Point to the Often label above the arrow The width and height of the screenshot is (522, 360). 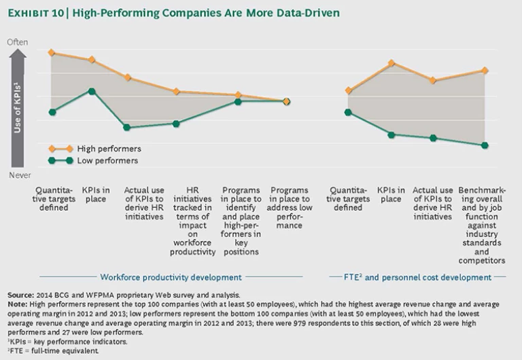click(18, 42)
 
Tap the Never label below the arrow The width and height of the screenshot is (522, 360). click(18, 175)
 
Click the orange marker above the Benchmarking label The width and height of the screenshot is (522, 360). click(485, 70)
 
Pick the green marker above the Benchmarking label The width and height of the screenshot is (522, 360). click(485, 145)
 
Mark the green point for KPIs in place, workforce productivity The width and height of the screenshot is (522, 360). click(92, 91)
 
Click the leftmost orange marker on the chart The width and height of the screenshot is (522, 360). click(52, 52)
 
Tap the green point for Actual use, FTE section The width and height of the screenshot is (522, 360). click(432, 138)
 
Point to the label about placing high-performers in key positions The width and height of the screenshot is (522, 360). click(241, 221)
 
